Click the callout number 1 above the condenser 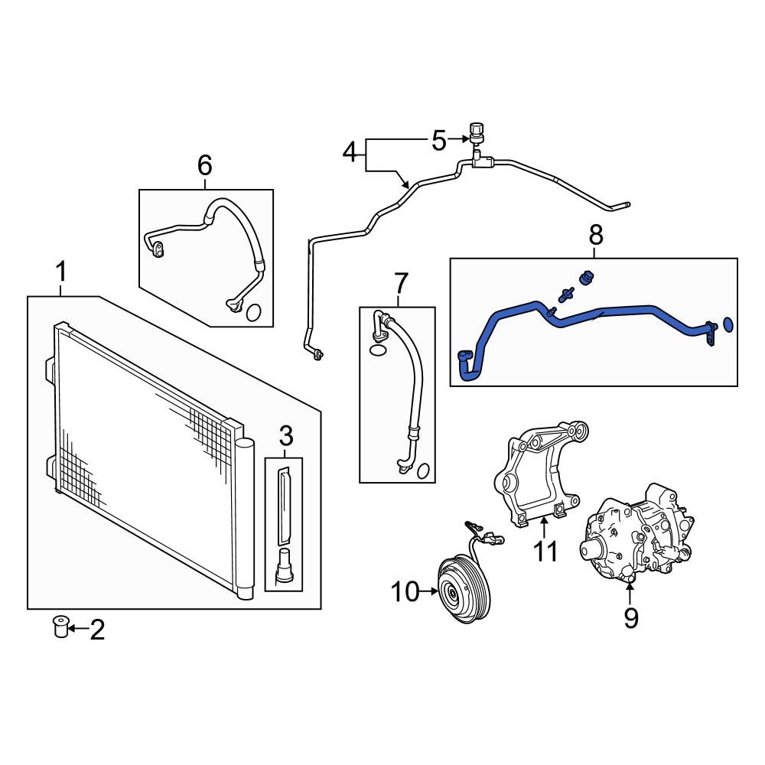pos(60,272)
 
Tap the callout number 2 pos(97,630)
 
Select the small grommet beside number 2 pos(60,627)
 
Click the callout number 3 pos(286,436)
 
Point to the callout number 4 pos(350,152)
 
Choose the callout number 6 pos(204,165)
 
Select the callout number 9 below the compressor pos(631,617)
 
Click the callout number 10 pos(405,592)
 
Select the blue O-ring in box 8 pos(728,324)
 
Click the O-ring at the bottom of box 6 pos(254,313)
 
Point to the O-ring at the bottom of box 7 pos(423,470)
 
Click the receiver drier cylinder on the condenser pos(245,518)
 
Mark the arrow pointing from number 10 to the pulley pos(429,591)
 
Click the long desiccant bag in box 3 pos(284,506)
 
